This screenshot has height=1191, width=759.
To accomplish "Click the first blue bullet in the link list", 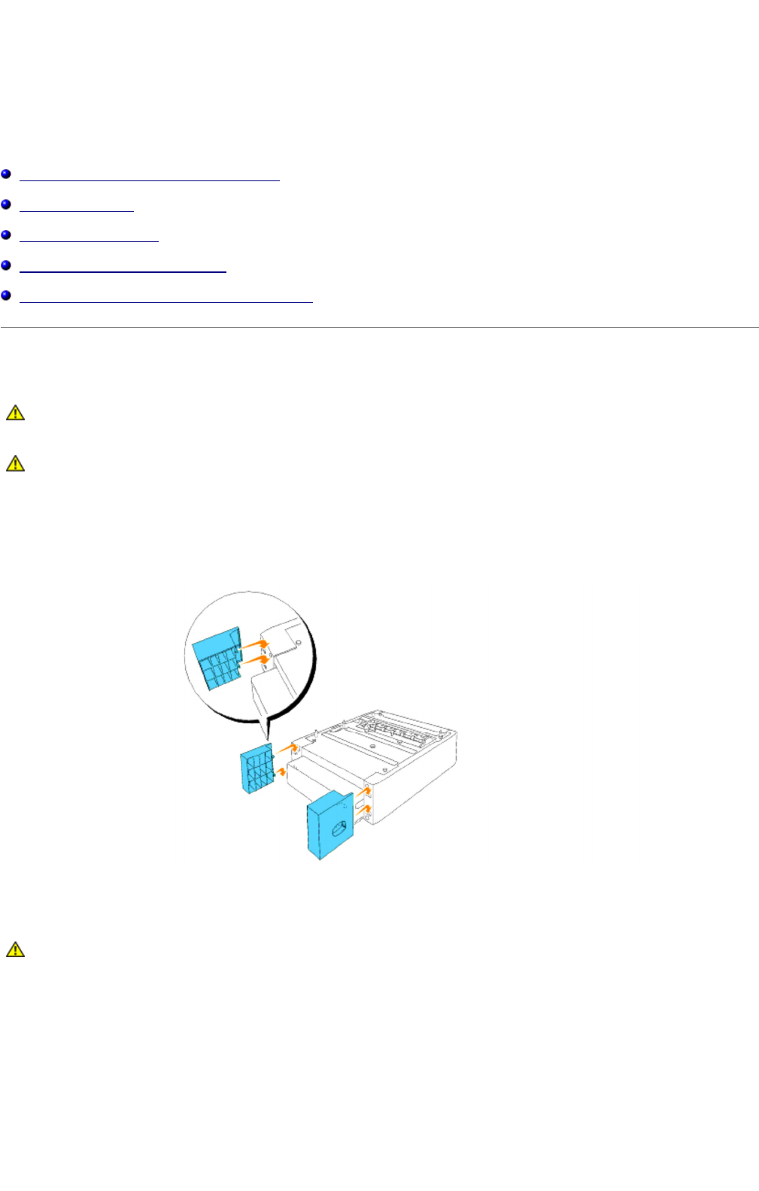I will [x=6, y=174].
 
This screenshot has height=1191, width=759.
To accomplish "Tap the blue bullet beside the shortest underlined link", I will [x=6, y=205].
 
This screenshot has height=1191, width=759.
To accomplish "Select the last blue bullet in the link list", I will [x=6, y=295].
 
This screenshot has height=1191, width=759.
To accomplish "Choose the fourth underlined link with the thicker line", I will [x=123, y=271].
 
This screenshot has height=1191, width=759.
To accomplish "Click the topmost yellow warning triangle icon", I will [x=15, y=413].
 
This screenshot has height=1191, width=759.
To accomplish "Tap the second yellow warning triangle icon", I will [x=15, y=463].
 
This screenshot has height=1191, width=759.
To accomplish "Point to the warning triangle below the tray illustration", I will [x=15, y=950].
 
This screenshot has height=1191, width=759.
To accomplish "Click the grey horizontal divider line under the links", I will [x=379, y=327].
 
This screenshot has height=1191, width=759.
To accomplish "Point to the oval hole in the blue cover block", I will [x=338, y=828].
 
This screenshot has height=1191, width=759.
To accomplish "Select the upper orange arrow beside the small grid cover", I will [x=286, y=747].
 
